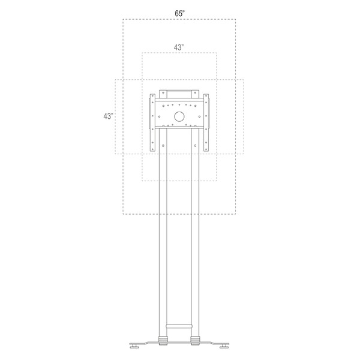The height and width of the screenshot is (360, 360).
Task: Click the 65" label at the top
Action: click(x=180, y=14)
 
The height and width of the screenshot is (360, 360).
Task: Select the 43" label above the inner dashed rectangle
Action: click(x=179, y=47)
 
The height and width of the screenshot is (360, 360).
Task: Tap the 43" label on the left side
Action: click(x=108, y=116)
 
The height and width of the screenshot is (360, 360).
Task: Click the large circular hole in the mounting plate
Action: click(x=179, y=116)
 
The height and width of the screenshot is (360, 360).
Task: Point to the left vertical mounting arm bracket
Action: click(x=152, y=122)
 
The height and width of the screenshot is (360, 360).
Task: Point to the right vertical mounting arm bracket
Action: click(x=206, y=122)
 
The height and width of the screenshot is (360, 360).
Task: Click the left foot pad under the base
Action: click(x=134, y=347)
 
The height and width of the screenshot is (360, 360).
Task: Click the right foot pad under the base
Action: click(x=224, y=347)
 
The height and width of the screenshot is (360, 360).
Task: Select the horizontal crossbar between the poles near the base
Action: click(x=179, y=326)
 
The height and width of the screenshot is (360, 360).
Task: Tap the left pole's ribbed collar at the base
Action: click(x=163, y=339)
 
